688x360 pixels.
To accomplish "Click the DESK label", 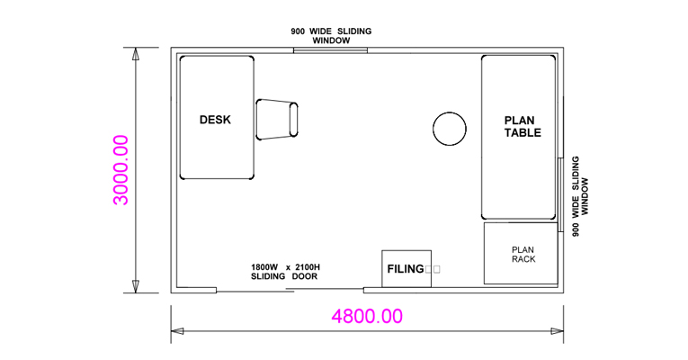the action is [x=215, y=120].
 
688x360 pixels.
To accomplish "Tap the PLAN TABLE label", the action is [x=523, y=126].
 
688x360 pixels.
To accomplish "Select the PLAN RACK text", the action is [x=523, y=255].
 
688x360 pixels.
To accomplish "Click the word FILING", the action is [x=405, y=269].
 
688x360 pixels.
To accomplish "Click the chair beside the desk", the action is [x=277, y=120].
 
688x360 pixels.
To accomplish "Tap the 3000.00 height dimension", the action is [x=121, y=170].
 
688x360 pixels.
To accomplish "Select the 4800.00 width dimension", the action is [x=367, y=316].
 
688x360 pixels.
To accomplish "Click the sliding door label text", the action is [x=285, y=272].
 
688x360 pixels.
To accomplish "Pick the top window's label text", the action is [x=331, y=36].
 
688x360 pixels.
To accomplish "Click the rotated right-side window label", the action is [x=580, y=196].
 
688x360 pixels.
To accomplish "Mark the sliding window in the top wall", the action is [x=330, y=50].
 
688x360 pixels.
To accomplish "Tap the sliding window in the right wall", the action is [x=560, y=194].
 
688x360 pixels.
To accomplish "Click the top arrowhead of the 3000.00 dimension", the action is [x=136, y=54].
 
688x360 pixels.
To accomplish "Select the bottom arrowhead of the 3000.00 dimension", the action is [x=136, y=287].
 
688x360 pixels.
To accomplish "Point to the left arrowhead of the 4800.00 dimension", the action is [x=177, y=331].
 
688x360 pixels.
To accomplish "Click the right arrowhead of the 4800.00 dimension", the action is [x=558, y=331].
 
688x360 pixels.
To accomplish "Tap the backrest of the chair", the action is [x=293, y=120].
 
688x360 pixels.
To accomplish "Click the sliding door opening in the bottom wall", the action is [x=290, y=290].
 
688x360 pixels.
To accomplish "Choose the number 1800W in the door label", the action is [x=264, y=267].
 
